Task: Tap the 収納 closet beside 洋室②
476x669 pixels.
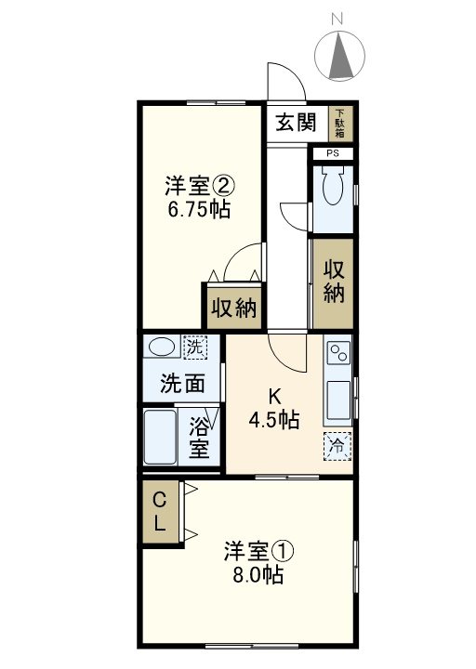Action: point(232,308)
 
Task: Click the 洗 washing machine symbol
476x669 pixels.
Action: point(194,348)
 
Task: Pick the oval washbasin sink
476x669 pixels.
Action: point(162,348)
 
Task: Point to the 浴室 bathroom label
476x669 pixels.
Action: point(199,439)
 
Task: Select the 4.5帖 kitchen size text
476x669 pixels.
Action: point(273,419)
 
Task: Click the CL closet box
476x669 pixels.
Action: point(160,511)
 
